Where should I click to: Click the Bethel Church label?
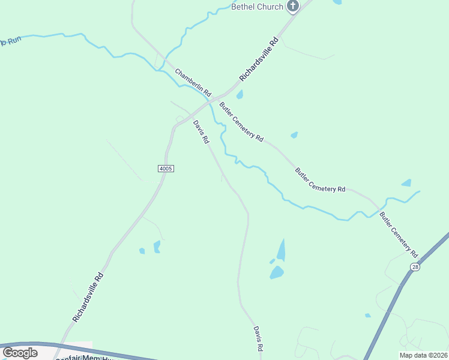pyautogui.click(x=257, y=7)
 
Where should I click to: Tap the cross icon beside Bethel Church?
pyautogui.click(x=293, y=7)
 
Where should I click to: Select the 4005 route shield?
pyautogui.click(x=166, y=169)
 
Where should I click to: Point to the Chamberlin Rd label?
pyautogui.click(x=193, y=83)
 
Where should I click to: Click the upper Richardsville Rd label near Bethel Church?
pyautogui.click(x=259, y=60)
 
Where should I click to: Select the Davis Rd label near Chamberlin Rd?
pyautogui.click(x=201, y=132)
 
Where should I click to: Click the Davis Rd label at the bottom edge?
pyautogui.click(x=258, y=339)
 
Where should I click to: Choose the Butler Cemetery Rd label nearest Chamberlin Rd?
pyautogui.click(x=241, y=121)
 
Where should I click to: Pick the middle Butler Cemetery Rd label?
pyautogui.click(x=320, y=179)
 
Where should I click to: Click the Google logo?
pyautogui.click(x=20, y=353)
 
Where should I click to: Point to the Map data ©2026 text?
pyautogui.click(x=423, y=355)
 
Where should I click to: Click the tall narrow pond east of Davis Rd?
pyautogui.click(x=281, y=249)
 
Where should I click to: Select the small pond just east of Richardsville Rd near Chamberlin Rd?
pyautogui.click(x=240, y=95)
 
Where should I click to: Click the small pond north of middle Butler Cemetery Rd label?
pyautogui.click(x=294, y=135)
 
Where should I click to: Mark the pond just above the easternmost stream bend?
pyautogui.click(x=406, y=182)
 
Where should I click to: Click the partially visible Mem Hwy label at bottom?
pyautogui.click(x=84, y=358)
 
